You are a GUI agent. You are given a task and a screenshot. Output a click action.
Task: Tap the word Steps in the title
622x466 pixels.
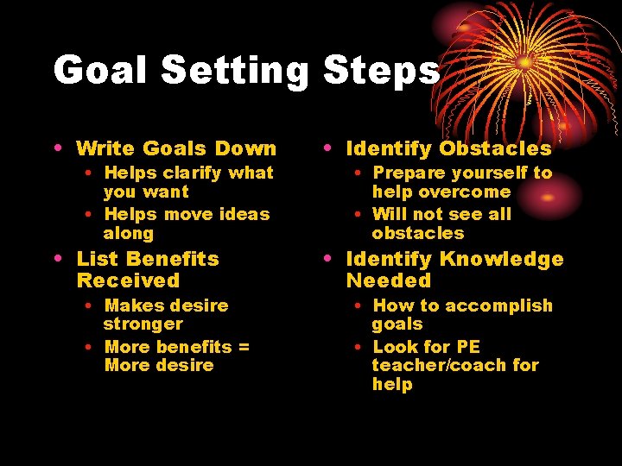click(x=381, y=70)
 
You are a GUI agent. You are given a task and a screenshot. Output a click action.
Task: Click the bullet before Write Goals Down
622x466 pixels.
click(x=57, y=148)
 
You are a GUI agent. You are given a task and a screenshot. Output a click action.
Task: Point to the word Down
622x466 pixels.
click(x=245, y=148)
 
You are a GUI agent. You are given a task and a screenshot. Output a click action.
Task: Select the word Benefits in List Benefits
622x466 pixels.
click(x=172, y=259)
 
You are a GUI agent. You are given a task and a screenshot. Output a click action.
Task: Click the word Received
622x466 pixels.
click(x=128, y=280)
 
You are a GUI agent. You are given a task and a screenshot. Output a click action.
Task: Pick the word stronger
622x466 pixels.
click(x=143, y=324)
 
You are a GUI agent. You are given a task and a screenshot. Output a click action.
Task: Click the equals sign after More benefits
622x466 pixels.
click(x=244, y=347)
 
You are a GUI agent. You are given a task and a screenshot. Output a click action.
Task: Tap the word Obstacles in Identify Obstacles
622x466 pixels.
click(x=495, y=148)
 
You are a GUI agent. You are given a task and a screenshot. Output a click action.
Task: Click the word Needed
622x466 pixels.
click(x=388, y=280)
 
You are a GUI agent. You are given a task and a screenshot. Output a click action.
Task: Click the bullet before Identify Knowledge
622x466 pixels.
click(x=327, y=259)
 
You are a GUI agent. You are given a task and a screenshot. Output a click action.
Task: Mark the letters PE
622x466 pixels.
click(x=467, y=347)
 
